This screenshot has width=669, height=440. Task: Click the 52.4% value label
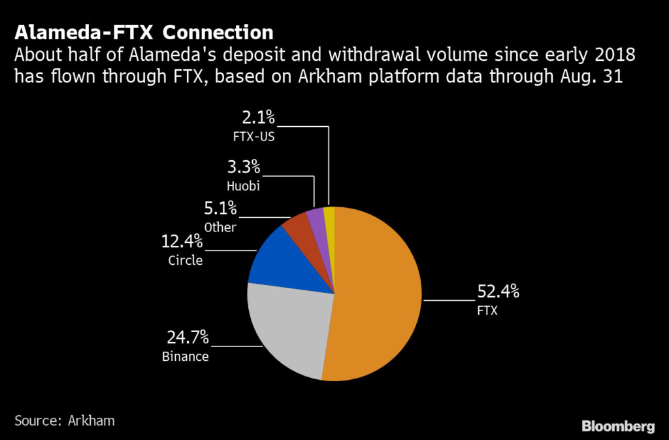click(x=498, y=292)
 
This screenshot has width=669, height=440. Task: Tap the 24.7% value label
click(x=188, y=337)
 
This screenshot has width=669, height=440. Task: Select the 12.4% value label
click(x=182, y=242)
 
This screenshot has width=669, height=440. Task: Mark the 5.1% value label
click(x=220, y=209)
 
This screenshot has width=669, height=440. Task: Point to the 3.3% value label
click(x=244, y=167)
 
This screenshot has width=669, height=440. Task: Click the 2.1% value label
click(x=259, y=118)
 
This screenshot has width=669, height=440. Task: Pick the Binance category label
click(x=186, y=357)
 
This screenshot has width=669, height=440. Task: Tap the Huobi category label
click(x=243, y=186)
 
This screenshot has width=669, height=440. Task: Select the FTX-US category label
click(x=254, y=137)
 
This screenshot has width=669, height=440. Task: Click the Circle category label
click(x=186, y=260)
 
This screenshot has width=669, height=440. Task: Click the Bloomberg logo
click(x=618, y=426)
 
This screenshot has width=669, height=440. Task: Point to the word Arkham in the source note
click(x=91, y=421)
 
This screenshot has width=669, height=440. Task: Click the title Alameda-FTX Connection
click(x=144, y=33)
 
